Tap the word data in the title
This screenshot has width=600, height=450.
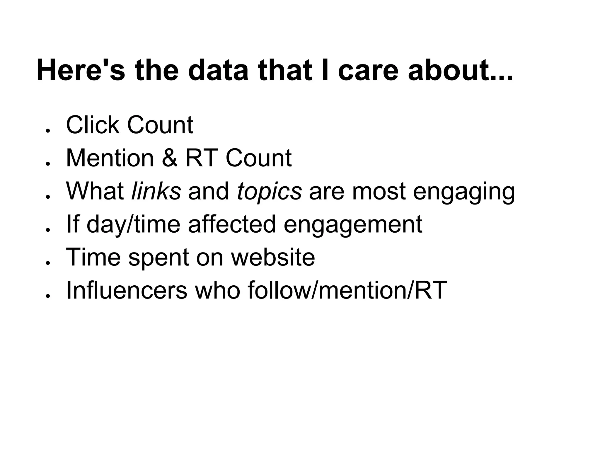tap(218, 70)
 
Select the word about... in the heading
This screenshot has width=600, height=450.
tap(460, 70)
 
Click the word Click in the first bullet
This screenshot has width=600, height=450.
tap(93, 125)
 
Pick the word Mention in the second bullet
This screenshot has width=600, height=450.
tap(110, 158)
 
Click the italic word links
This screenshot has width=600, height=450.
tap(156, 191)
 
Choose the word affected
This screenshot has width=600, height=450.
tap(232, 224)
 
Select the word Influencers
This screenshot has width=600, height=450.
tap(127, 290)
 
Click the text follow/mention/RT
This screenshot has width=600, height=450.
tap(347, 290)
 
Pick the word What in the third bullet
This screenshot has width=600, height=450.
tap(95, 191)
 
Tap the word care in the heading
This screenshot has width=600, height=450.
tap(368, 70)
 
